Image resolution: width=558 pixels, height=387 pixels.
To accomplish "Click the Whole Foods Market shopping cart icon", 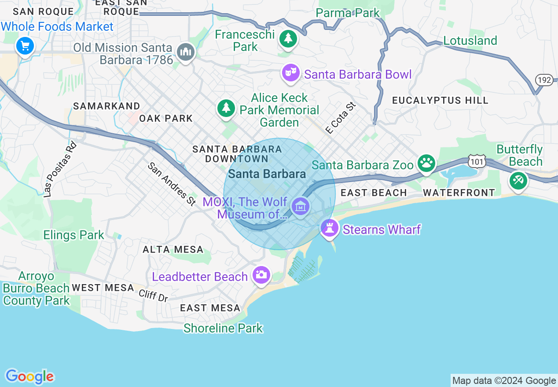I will tap(25, 45).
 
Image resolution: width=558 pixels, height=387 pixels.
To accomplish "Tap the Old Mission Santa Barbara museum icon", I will tap(185, 52).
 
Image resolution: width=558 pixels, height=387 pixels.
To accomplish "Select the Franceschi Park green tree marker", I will tap(288, 39).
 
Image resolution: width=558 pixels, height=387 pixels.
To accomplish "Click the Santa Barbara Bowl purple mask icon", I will tap(290, 73).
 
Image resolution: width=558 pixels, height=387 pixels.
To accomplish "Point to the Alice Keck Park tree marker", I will tap(226, 108).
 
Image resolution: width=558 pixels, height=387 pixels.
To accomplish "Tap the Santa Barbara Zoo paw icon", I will tap(426, 164).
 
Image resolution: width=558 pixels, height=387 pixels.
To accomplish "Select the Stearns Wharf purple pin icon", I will tap(329, 228).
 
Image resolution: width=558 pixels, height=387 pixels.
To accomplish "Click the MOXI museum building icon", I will tap(301, 206).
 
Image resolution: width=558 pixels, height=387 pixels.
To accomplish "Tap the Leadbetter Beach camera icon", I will tap(261, 275).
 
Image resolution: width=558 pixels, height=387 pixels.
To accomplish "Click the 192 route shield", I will tap(544, 80).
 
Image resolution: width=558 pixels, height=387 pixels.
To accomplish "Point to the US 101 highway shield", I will tap(477, 161).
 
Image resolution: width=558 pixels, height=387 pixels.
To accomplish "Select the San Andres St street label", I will tap(172, 184).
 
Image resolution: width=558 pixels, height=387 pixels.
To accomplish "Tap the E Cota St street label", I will tap(340, 118).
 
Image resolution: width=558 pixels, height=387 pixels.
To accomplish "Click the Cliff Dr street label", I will tap(154, 295).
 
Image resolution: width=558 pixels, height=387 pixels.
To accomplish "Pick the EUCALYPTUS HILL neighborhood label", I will tap(440, 100).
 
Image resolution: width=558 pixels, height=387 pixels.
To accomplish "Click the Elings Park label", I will tap(73, 235).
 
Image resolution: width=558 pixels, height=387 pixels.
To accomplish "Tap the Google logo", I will tap(29, 376).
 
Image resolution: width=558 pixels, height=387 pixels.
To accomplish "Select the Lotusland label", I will tap(470, 40).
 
